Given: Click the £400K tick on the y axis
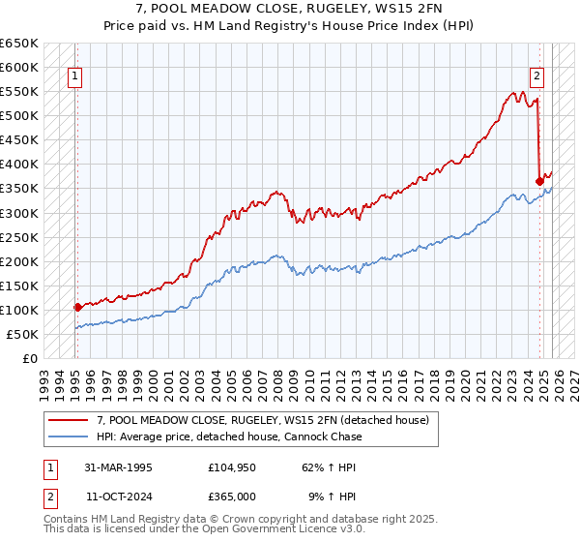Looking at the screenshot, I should [x=19, y=165].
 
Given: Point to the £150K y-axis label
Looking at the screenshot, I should [x=19, y=286].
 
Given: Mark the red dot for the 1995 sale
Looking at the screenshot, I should [x=77, y=307].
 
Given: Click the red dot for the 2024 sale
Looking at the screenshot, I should [x=539, y=181].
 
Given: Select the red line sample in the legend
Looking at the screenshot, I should [x=68, y=420].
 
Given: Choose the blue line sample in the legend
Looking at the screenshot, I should [x=68, y=437].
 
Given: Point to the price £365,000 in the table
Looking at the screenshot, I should [x=232, y=497].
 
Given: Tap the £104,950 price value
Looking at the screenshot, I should [x=232, y=467].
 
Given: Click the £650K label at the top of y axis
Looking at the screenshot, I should [x=19, y=44].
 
